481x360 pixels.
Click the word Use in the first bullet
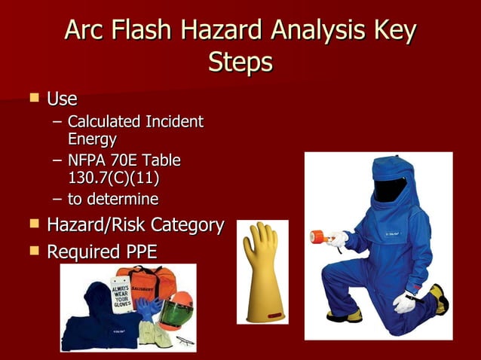tap(62, 99)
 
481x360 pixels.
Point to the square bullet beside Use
tap(33, 98)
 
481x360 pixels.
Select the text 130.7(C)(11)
tap(113, 178)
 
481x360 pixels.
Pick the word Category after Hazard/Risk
tap(187, 224)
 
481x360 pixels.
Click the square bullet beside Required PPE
tap(33, 250)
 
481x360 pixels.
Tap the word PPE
tap(137, 251)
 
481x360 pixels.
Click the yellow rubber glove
tap(262, 271)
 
